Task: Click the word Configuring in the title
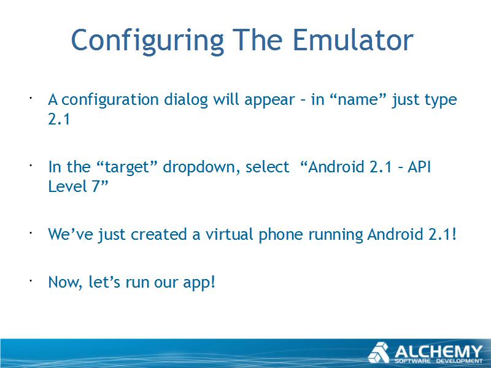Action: tap(148, 41)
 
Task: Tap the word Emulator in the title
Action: tap(353, 40)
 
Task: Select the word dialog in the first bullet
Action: tap(186, 99)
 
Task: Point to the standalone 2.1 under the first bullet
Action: tap(59, 119)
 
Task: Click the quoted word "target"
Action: tap(127, 167)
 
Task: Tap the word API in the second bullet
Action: tap(419, 166)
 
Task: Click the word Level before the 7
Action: tap(68, 186)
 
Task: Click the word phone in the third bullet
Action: tap(281, 235)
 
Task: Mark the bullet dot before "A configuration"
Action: tap(31, 98)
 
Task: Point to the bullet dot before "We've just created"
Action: tap(31, 233)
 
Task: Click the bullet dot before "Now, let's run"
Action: tap(31, 281)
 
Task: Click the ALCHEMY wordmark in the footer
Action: tap(438, 351)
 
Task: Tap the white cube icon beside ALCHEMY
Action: tap(379, 353)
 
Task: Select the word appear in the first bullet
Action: tap(269, 100)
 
